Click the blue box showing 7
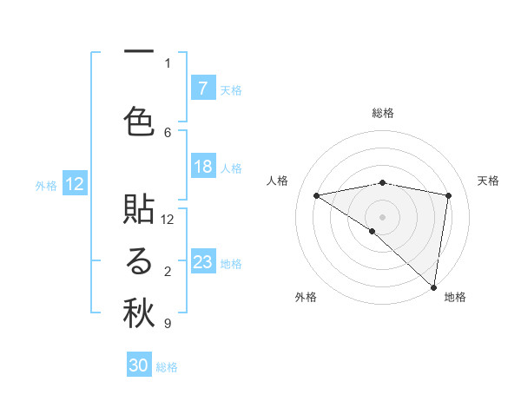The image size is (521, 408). click(x=203, y=89)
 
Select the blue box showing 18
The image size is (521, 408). click(x=203, y=167)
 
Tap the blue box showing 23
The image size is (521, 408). click(x=203, y=262)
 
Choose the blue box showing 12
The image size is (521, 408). click(x=75, y=184)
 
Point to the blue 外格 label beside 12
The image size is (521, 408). click(x=46, y=185)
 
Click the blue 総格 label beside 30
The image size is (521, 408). click(x=167, y=367)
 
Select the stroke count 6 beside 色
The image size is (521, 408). click(x=168, y=132)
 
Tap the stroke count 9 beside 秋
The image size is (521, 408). click(x=167, y=324)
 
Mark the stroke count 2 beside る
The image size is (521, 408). click(x=168, y=272)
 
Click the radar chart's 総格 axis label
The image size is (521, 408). click(x=382, y=113)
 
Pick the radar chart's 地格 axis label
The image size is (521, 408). click(x=455, y=297)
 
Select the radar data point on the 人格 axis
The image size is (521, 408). click(x=317, y=195)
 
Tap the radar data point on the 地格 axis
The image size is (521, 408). click(x=433, y=286)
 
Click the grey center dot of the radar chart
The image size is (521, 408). click(x=382, y=216)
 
